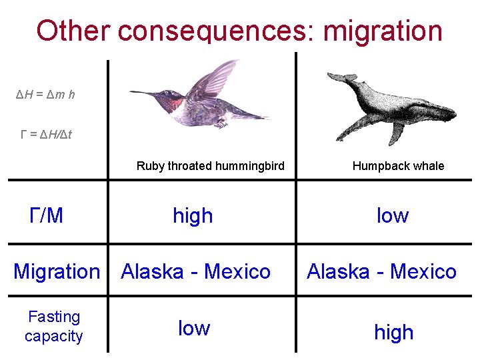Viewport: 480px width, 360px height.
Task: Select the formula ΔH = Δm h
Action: (x=45, y=95)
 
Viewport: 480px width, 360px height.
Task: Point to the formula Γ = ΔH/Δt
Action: (x=46, y=135)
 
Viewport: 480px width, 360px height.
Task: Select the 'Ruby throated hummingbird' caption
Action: (x=210, y=166)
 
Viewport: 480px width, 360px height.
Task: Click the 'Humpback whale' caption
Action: (x=398, y=166)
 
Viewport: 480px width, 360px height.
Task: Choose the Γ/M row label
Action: (x=47, y=215)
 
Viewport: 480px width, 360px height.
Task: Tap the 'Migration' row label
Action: (x=57, y=271)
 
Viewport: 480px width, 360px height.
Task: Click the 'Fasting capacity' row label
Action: (x=54, y=326)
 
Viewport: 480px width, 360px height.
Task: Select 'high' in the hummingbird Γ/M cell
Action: (x=193, y=215)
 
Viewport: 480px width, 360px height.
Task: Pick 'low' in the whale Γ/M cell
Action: (x=392, y=215)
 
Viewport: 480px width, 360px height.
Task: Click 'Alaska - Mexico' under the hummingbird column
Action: (x=195, y=271)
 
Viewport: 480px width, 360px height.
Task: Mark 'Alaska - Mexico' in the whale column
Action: (x=381, y=271)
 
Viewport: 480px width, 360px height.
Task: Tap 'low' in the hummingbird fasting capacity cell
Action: (x=194, y=328)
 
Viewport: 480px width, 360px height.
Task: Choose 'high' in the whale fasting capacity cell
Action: (x=393, y=332)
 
